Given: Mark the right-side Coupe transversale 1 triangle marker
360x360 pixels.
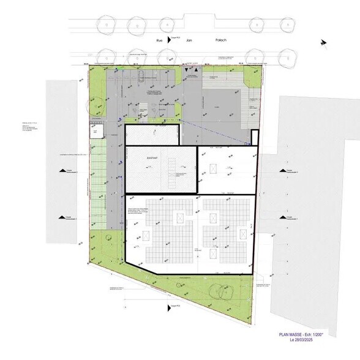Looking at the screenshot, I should point(282,216).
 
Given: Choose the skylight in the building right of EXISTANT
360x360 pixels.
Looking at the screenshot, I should point(214,168).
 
